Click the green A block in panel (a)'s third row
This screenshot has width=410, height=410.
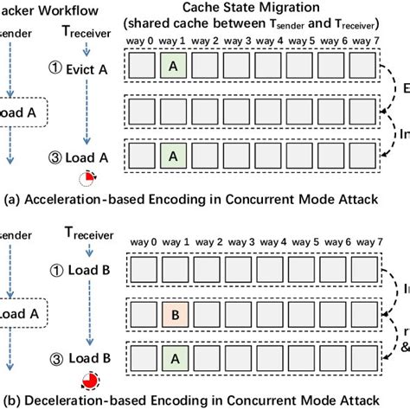tap(172, 157)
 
